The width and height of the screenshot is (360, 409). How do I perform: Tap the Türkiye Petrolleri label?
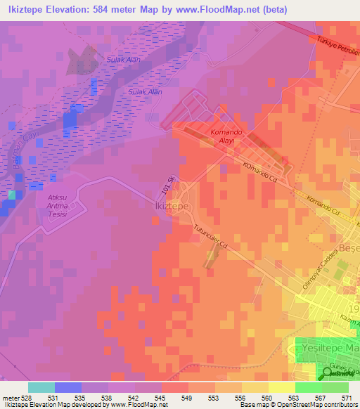[x=337, y=51]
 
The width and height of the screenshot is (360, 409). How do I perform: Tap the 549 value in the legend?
[x=187, y=397]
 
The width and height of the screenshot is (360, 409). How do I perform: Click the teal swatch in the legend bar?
[x=41, y=387]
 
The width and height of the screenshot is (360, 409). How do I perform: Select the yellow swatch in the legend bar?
[x=281, y=387]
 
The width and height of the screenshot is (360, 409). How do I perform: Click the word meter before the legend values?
[x=11, y=397]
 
